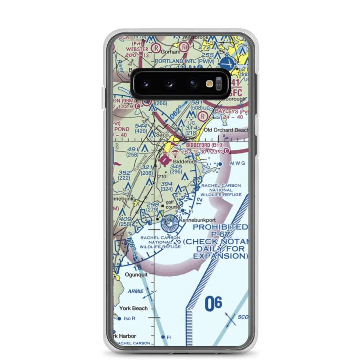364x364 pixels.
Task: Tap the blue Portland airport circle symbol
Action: coord(228,63)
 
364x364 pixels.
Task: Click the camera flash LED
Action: coord(209,84)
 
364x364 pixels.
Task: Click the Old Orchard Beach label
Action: coord(226,130)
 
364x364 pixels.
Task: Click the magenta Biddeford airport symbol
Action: coord(166,159)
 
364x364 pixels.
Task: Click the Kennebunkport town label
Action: coord(198,220)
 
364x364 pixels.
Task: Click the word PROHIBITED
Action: coord(220,227)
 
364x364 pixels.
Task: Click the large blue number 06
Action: coord(213,304)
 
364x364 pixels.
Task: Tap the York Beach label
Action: coord(134,308)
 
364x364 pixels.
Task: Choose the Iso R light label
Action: coord(130,319)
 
